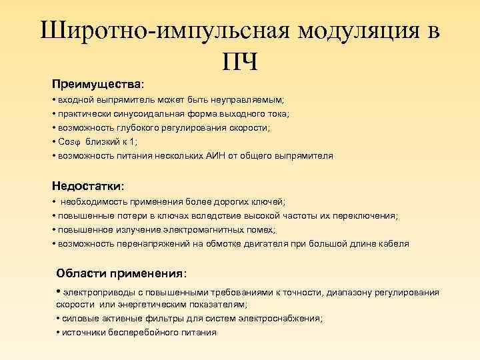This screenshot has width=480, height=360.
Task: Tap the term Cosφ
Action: pos(69,142)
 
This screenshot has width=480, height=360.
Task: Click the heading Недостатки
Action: pos(88,185)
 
